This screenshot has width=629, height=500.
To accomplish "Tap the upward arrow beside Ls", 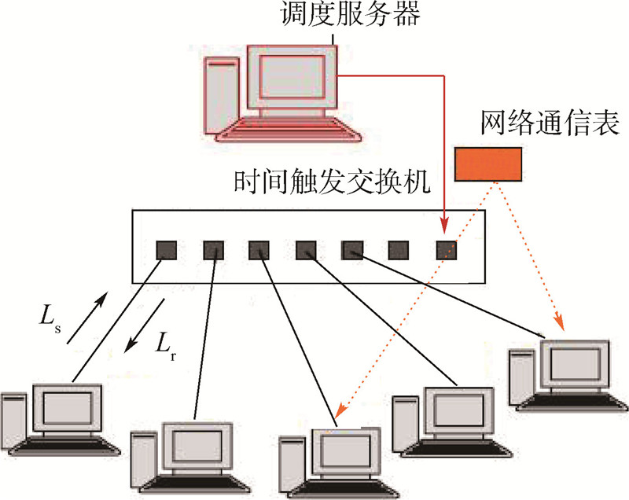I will pyautogui.click(x=85, y=321).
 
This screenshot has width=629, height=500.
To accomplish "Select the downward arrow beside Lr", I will pyautogui.click(x=147, y=325).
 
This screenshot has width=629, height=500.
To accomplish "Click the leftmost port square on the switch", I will pyautogui.click(x=165, y=250).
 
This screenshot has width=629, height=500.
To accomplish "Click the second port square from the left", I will pyautogui.click(x=214, y=250).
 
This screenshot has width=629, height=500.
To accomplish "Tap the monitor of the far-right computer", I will pyautogui.click(x=575, y=363).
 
